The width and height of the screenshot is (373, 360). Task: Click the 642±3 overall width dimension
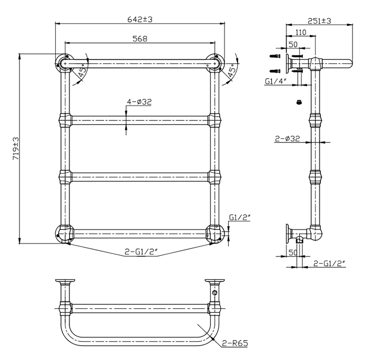pos(140,18)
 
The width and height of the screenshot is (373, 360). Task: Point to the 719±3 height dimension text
pos(15,148)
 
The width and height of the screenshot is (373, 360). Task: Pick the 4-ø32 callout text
pos(139,102)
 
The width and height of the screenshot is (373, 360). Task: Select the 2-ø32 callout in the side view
pos(287,139)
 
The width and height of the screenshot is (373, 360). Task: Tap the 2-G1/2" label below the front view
pos(141,253)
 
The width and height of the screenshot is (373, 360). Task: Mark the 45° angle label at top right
pos(232,73)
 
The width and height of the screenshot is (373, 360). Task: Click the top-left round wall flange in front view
pos(63,63)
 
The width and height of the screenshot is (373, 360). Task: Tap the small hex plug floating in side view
pos(299,102)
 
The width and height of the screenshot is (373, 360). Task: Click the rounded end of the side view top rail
pos(349,63)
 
